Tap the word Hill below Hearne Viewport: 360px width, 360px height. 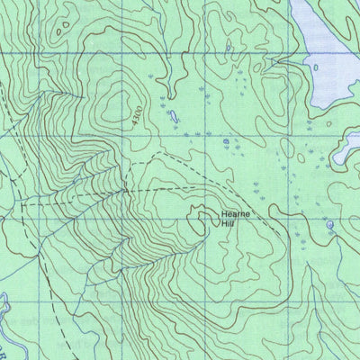pyautogui.click(x=229, y=224)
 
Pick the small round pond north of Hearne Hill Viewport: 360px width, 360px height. pyautogui.click(x=224, y=140)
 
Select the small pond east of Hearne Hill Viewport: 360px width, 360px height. pyautogui.click(x=329, y=224)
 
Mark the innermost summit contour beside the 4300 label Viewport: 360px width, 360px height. pyautogui.click(x=117, y=103)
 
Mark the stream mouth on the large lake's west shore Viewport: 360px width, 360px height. pyautogui.click(x=306, y=65)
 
